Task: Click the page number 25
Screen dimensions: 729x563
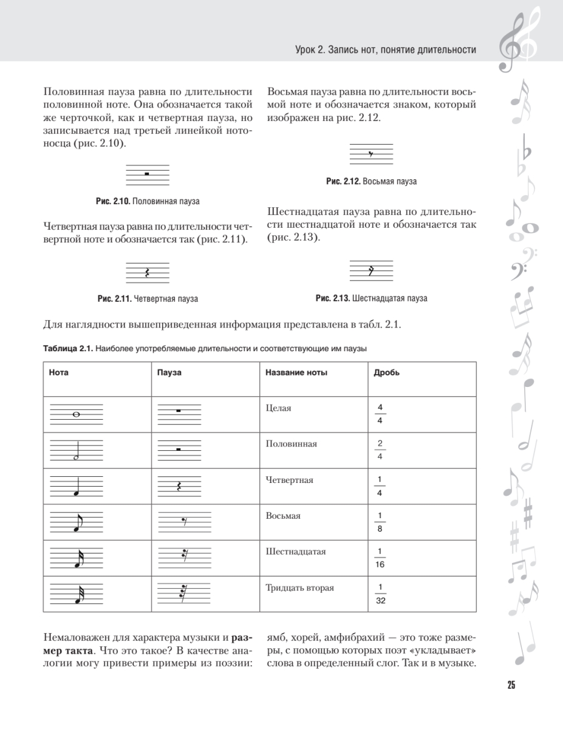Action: point(511,685)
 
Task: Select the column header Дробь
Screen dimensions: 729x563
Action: point(386,372)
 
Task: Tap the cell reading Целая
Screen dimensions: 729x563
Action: point(278,408)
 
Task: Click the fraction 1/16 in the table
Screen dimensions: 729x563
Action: point(380,558)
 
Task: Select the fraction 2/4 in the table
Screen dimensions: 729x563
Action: point(379,450)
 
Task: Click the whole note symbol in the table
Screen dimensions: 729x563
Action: point(76,414)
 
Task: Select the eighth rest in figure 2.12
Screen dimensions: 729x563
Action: point(370,154)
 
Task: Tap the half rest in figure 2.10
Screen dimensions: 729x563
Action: point(147,174)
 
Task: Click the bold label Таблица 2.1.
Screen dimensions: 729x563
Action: point(68,349)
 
